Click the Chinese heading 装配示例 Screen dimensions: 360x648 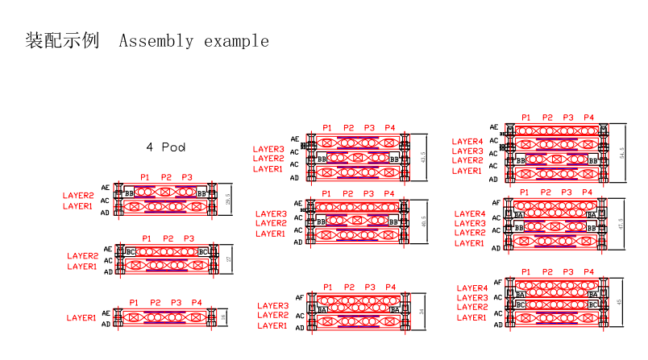click(62, 40)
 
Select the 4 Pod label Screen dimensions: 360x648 click(166, 147)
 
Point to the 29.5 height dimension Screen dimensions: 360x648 click(229, 201)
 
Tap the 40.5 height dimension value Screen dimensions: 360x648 click(423, 222)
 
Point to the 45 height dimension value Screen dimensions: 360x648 click(619, 303)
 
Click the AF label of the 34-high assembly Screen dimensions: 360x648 click(299, 297)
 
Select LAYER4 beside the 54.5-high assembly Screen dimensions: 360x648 click(467, 142)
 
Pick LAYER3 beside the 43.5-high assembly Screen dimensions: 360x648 click(268, 149)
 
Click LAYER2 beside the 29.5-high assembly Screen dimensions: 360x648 click(78, 196)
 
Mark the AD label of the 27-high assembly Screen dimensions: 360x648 click(107, 271)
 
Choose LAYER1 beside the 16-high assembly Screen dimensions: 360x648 click(81, 318)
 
